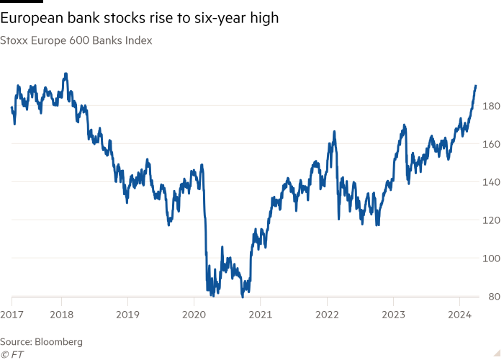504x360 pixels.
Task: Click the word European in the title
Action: tap(36, 17)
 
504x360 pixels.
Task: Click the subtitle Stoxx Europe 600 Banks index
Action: tap(76, 41)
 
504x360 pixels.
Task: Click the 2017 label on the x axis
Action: tap(12, 314)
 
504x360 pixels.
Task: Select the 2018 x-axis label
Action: tap(62, 314)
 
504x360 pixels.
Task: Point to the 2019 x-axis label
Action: tap(128, 314)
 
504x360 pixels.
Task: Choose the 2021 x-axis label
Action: tap(261, 314)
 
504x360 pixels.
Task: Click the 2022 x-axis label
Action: tap(327, 314)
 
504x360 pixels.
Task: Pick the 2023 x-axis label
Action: tap(393, 314)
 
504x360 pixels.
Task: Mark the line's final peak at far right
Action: tap(476, 85)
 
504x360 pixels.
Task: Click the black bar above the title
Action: tap(17, 2)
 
